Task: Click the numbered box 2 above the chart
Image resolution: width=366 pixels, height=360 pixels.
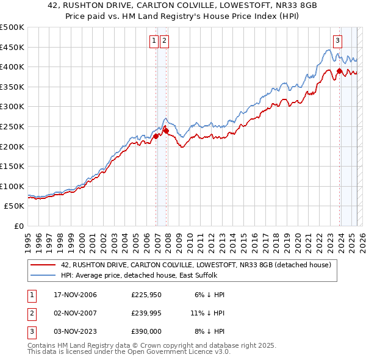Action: (165, 41)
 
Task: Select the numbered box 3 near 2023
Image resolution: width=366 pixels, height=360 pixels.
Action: (337, 41)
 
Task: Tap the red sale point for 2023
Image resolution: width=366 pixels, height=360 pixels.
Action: (339, 71)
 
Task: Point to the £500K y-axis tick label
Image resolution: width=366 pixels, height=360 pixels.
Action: (12, 27)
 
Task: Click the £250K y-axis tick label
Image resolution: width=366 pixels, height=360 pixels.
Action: (12, 126)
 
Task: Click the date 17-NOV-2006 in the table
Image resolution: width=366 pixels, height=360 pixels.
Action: (76, 295)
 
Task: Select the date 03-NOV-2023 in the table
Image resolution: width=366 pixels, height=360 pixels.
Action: (76, 331)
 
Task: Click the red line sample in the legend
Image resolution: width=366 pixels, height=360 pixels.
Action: (43, 265)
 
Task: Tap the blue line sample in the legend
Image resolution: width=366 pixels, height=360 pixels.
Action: (43, 275)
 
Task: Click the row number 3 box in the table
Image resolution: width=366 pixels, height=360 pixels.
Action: (30, 331)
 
